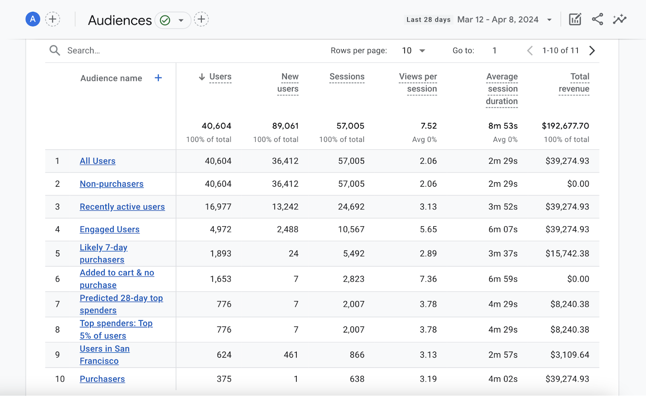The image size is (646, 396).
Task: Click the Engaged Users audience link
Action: pos(109,230)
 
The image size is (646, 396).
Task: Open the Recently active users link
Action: pos(122,207)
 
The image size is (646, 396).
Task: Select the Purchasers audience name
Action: pos(102,379)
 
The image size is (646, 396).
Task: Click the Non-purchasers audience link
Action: pos(111,184)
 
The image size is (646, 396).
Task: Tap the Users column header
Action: pos(220,77)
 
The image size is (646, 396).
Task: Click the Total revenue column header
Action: pos(574,83)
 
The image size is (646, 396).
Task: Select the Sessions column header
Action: pos(347,77)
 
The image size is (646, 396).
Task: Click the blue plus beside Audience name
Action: pos(158,78)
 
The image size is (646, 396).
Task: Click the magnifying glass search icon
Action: pos(55,51)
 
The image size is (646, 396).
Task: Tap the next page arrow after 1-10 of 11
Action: pos(592,51)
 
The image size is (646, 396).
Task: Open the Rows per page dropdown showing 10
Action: pos(413,51)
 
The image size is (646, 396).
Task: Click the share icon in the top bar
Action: pos(597,19)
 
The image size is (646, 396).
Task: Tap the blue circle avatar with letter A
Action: pos(33,19)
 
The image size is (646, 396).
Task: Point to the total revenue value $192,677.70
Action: pos(565,126)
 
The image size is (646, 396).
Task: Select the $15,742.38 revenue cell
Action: pos(567,254)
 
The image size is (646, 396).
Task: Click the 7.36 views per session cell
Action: pos(428,279)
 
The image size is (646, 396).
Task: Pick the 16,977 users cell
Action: pos(218,207)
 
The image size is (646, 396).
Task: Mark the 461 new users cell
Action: pos(291,355)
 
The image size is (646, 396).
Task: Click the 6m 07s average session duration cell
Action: pos(503,230)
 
